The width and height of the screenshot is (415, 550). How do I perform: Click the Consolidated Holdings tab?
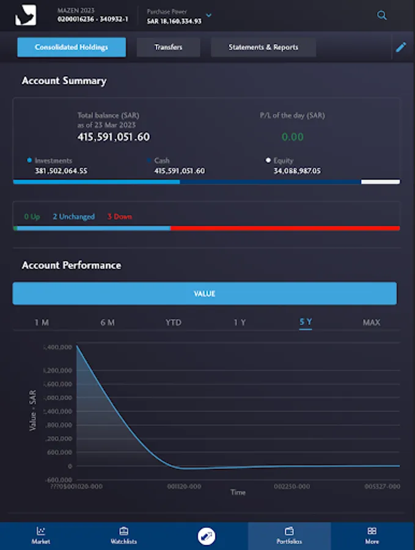[72, 47]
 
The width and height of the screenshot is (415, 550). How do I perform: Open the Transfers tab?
[168, 47]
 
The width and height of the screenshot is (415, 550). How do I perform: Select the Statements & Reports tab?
[263, 47]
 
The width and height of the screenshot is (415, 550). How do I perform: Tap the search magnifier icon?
[382, 16]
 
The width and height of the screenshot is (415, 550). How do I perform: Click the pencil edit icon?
[401, 47]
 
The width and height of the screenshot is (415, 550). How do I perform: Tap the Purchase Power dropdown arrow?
[209, 15]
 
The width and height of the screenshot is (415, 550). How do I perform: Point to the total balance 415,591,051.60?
[114, 137]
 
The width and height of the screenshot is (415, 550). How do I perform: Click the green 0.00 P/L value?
[292, 137]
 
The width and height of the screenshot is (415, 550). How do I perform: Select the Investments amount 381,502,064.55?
[61, 171]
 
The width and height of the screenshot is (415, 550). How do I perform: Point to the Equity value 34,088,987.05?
[297, 171]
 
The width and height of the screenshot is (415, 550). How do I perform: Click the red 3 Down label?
[119, 216]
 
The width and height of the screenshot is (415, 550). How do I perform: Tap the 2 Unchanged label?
[73, 216]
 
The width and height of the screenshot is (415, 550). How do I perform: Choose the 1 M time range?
[42, 322]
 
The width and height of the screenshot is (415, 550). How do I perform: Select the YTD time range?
[174, 322]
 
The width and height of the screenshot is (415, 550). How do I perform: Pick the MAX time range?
[372, 322]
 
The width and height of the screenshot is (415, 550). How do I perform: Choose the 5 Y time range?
[306, 322]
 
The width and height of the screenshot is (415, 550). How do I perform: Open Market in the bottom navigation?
[41, 535]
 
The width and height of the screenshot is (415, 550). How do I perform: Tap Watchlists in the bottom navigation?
[123, 535]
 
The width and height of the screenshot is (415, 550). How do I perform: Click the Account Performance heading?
[72, 265]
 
